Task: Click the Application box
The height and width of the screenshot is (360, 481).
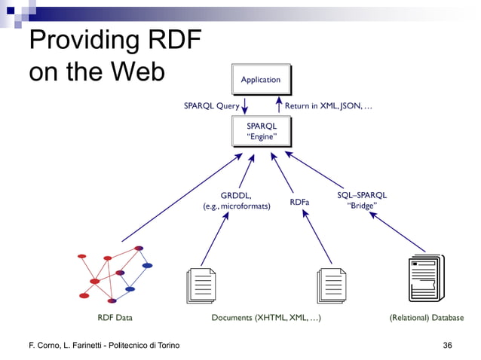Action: point(260,80)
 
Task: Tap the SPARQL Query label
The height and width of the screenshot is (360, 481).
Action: point(212,106)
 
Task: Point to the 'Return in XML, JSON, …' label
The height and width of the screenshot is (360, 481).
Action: point(328,106)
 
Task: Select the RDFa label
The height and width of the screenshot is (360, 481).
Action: point(300,202)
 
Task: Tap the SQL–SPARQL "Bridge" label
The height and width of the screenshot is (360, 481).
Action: point(362,200)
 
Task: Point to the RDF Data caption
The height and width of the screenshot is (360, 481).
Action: point(115,318)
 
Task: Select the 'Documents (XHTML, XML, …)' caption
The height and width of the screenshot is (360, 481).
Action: point(266,318)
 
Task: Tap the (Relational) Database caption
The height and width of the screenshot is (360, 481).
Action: point(426,318)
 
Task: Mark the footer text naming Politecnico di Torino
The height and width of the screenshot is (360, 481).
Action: point(99,345)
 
